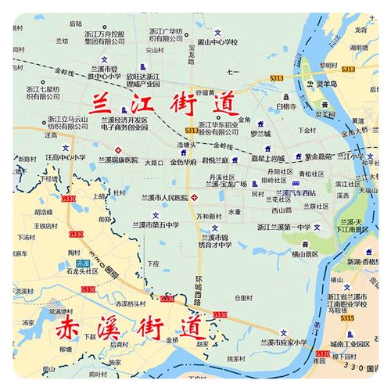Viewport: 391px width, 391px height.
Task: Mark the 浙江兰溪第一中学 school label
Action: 281,227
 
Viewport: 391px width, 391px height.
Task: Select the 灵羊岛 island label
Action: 326,83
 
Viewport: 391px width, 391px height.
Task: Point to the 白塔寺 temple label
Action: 287,106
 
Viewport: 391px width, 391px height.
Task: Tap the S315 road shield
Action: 347,318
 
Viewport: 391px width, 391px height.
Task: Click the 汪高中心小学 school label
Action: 66,157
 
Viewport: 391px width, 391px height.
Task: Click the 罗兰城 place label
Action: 260,133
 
